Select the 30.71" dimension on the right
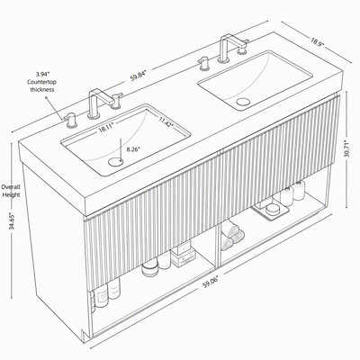[x=346, y=148]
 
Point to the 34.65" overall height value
[x=13, y=220]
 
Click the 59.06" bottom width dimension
[x=211, y=283]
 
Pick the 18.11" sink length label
[x=106, y=128]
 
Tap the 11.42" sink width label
[x=166, y=122]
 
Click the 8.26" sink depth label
[x=133, y=148]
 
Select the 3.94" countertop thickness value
[x=42, y=74]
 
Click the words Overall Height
[x=11, y=191]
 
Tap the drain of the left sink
[x=115, y=162]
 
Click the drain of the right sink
[x=243, y=102]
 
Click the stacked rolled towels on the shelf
[x=231, y=236]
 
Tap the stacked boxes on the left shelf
[x=183, y=255]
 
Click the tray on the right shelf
[x=270, y=211]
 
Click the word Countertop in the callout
[x=41, y=82]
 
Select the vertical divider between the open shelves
[x=218, y=245]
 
